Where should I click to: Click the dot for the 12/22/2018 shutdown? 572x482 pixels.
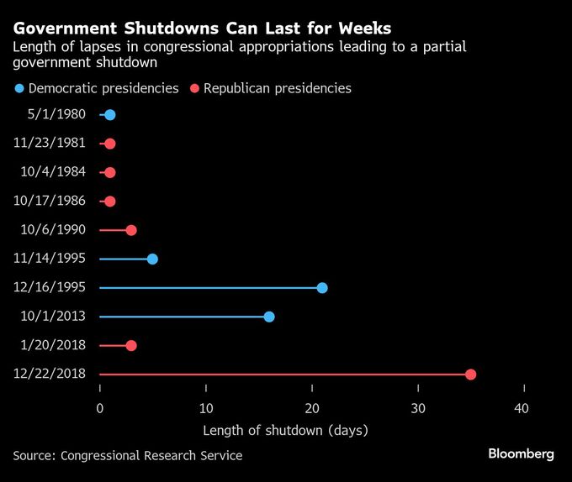pyautogui.click(x=470, y=375)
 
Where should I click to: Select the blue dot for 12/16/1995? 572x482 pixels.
pyautogui.click(x=322, y=288)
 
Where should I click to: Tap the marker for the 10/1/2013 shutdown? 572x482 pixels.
pyautogui.click(x=269, y=317)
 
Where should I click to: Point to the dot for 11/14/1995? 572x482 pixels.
pyautogui.click(x=152, y=259)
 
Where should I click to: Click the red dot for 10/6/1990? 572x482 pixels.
pyautogui.click(x=131, y=230)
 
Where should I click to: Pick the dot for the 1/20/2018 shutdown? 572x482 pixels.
pyautogui.click(x=131, y=346)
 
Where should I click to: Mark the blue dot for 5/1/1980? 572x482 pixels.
pyautogui.click(x=110, y=115)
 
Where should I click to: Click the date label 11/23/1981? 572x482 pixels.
pyautogui.click(x=50, y=144)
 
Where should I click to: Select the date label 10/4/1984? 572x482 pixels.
pyautogui.click(x=53, y=172)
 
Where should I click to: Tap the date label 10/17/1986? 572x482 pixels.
pyautogui.click(x=50, y=202)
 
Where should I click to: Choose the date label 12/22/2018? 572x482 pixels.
pyautogui.click(x=50, y=375)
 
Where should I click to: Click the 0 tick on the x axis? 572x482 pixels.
pyautogui.click(x=100, y=409)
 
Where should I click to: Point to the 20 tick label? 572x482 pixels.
pyautogui.click(x=312, y=409)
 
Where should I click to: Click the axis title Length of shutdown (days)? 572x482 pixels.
pyautogui.click(x=286, y=431)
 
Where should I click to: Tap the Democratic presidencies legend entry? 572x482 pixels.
pyautogui.click(x=97, y=88)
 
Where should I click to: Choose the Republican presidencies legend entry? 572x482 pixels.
pyautogui.click(x=271, y=88)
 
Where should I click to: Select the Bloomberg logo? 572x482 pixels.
pyautogui.click(x=521, y=454)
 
